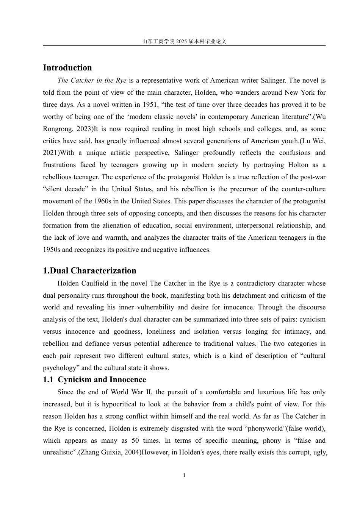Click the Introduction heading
coord(67,68)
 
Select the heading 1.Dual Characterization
coord(89,271)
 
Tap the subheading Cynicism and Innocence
coord(102,380)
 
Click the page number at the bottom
coord(184,475)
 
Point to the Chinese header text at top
coord(184,41)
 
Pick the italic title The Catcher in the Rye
coord(92,80)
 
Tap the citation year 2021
coord(51,153)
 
